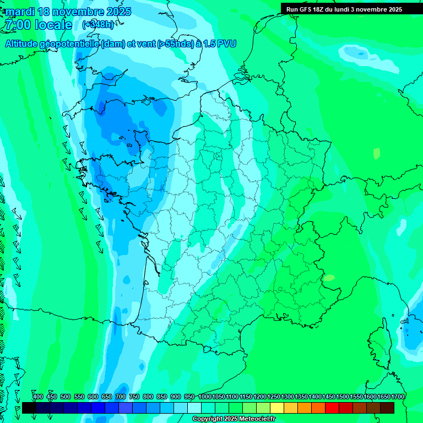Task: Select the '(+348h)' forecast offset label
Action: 98,25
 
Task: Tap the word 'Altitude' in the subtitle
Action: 23,44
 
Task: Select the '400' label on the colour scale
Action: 38,397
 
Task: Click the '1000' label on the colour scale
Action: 205,397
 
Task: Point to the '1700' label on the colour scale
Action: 398,397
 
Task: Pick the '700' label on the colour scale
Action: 121,397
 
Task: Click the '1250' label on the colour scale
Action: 274,397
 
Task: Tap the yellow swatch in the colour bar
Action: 277,408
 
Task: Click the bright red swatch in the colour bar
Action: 332,408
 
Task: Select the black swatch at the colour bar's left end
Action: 29,408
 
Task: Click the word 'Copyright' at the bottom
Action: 207,419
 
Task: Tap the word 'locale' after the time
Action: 53,25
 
